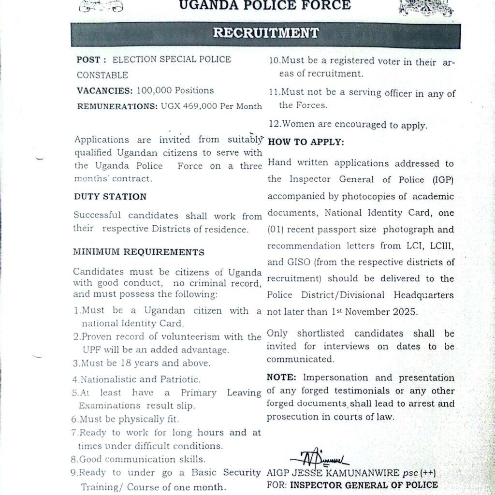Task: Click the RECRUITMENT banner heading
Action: tap(266, 33)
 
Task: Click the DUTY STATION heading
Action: tap(110, 197)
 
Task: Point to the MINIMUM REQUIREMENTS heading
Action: tap(138, 252)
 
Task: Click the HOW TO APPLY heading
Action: tap(306, 142)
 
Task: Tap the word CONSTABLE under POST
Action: tap(102, 75)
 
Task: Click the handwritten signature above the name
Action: tap(319, 457)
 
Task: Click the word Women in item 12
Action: tap(299, 125)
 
